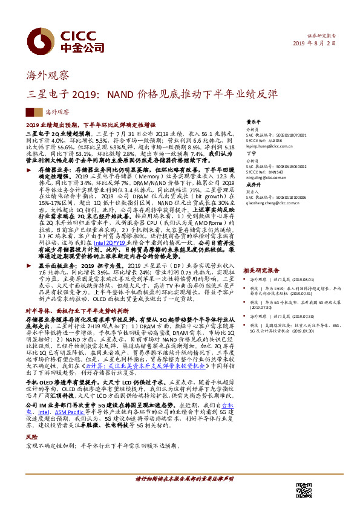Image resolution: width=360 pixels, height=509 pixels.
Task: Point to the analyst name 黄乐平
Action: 250,121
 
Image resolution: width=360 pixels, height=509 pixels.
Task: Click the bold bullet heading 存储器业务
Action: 50,171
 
